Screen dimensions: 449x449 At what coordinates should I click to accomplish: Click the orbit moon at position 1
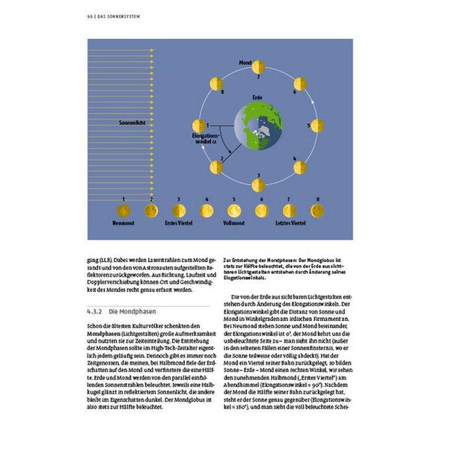pyautogui.click(x=199, y=125)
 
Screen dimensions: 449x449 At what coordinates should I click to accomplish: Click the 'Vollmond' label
pyautogui.click(x=233, y=223)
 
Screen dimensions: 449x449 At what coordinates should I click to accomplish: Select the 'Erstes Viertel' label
pyautogui.click(x=179, y=223)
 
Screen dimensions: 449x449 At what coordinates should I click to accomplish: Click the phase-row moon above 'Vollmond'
pyautogui.click(x=233, y=211)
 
